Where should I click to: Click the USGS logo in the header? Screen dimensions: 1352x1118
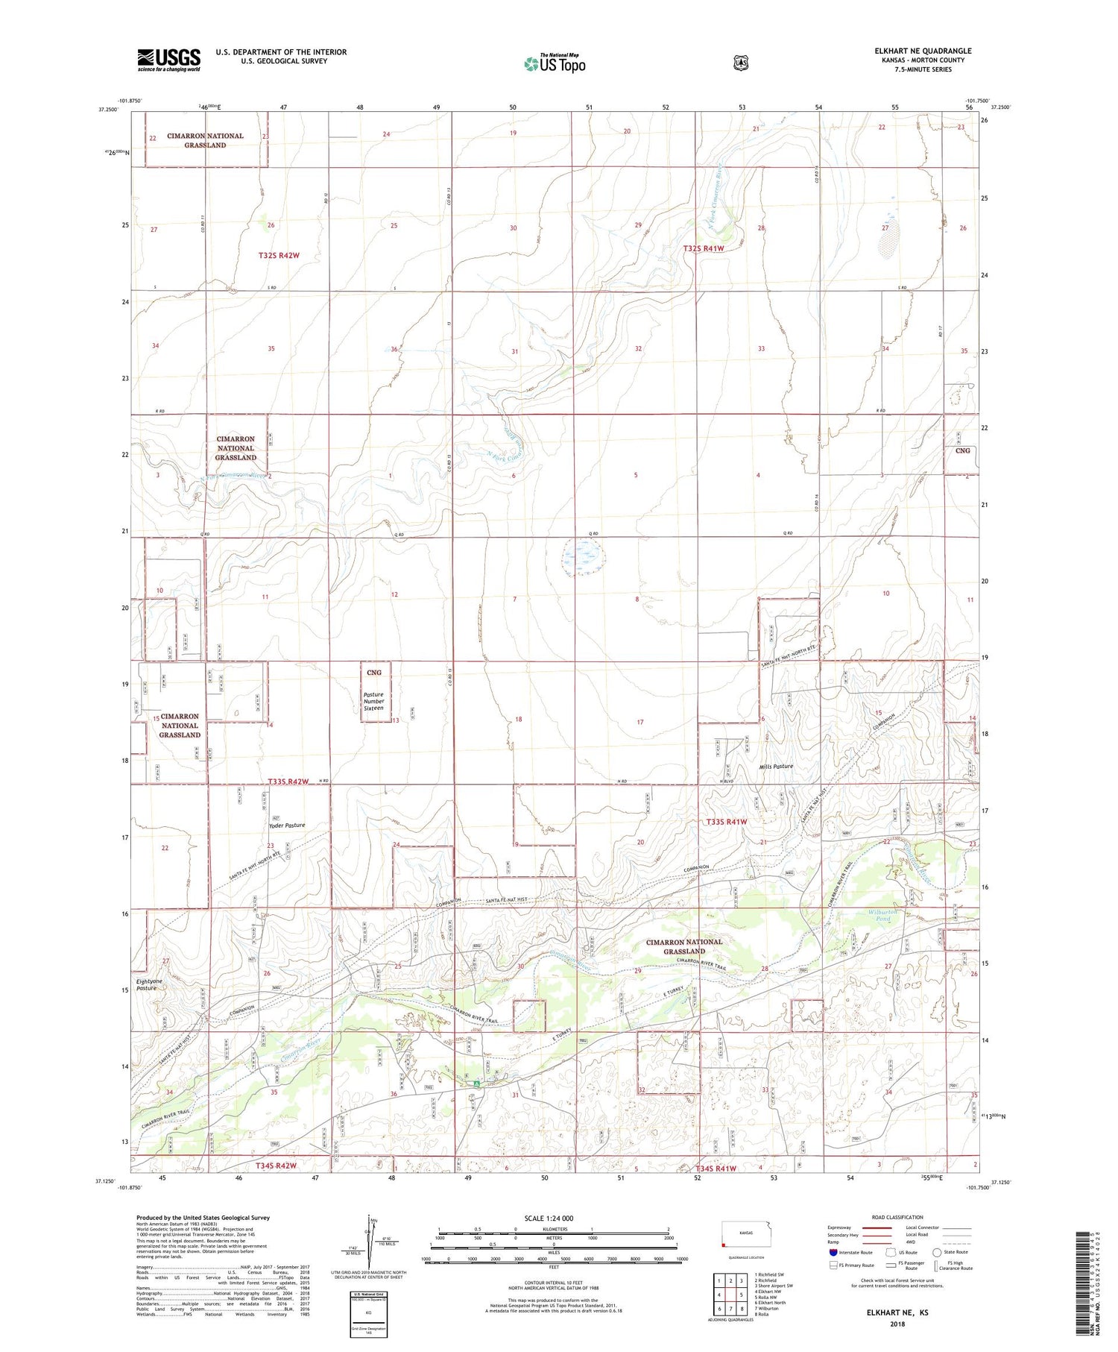pyautogui.click(x=168, y=60)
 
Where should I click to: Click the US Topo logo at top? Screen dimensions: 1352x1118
pyautogui.click(x=555, y=63)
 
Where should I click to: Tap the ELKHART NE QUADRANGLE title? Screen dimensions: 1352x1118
pyautogui.click(x=923, y=51)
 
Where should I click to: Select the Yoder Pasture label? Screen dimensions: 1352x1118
pyautogui.click(x=287, y=826)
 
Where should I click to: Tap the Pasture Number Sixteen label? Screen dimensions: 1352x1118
pyautogui.click(x=373, y=701)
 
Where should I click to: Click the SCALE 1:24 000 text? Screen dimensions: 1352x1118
pyautogui.click(x=549, y=1218)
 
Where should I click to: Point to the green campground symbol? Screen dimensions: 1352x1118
pyautogui.click(x=477, y=1082)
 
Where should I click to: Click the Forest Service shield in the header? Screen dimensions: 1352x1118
pyautogui.click(x=740, y=63)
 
